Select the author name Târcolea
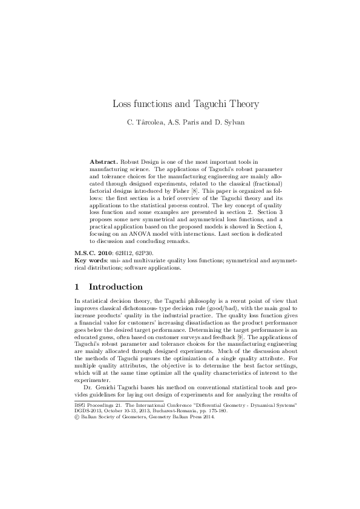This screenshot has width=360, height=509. [150, 122]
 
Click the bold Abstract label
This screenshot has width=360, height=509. [105, 163]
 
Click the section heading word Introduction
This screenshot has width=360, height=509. [115, 287]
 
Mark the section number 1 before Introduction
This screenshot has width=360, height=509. [76, 287]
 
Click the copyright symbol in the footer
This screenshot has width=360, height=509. [76, 417]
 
